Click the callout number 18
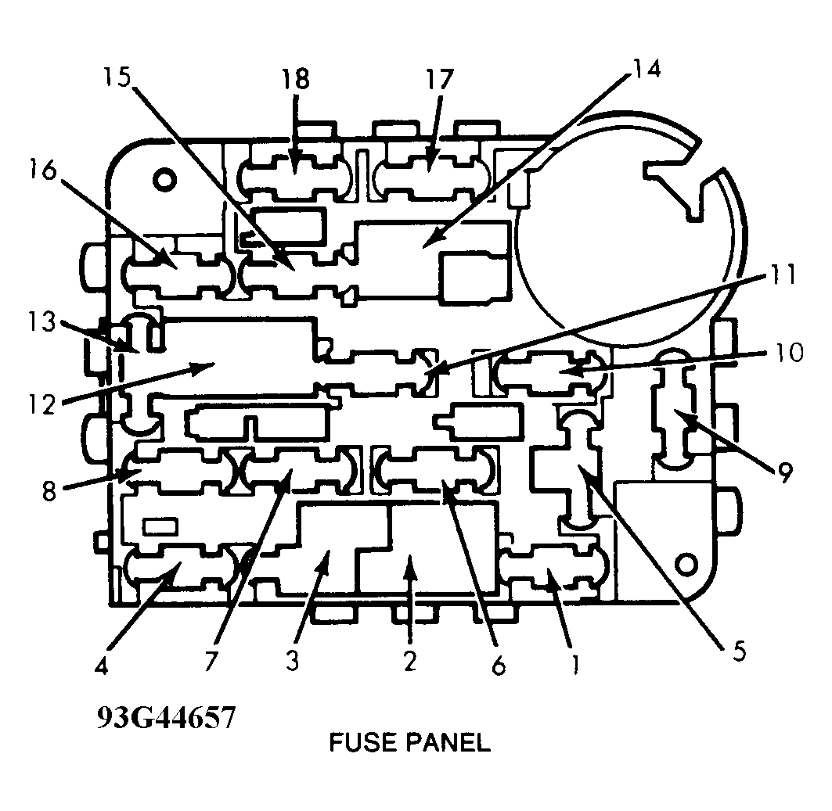(x=296, y=80)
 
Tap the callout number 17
(x=440, y=80)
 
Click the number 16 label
(x=42, y=170)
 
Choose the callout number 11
(x=780, y=275)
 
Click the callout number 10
(x=788, y=353)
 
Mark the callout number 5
(x=739, y=651)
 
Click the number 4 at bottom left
(x=101, y=666)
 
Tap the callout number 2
(x=409, y=661)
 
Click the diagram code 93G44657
(x=166, y=718)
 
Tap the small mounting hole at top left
(x=164, y=180)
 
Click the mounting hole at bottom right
(x=687, y=565)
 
